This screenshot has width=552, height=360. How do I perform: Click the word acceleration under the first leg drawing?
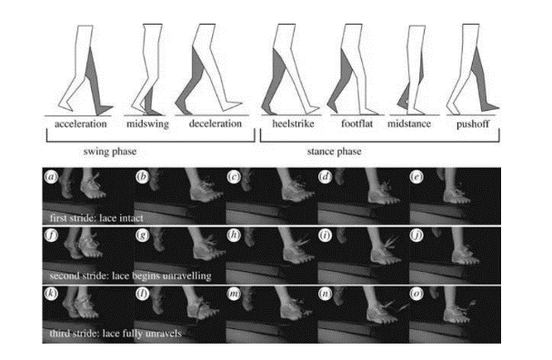pyautogui.click(x=81, y=124)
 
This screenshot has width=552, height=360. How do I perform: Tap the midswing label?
pyautogui.click(x=148, y=125)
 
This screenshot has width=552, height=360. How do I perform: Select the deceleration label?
pyautogui.click(x=216, y=124)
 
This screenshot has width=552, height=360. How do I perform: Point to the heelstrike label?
pyautogui.click(x=293, y=124)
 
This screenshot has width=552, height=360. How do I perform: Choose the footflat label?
pyautogui.click(x=357, y=124)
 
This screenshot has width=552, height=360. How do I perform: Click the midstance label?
pyautogui.click(x=409, y=124)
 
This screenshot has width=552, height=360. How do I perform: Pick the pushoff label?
pyautogui.click(x=473, y=125)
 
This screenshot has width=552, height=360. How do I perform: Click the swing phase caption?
pyautogui.click(x=110, y=152)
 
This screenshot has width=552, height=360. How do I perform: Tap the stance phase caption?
pyautogui.click(x=334, y=152)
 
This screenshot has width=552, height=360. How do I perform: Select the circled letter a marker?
pyautogui.click(x=52, y=176)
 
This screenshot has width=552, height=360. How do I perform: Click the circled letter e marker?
pyautogui.click(x=417, y=176)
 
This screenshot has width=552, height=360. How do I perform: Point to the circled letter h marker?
pyautogui.click(x=234, y=235)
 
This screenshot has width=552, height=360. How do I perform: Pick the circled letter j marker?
pyautogui.click(x=417, y=235)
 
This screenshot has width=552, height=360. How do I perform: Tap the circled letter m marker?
pyautogui.click(x=234, y=294)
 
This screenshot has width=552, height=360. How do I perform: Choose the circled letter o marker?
pyautogui.click(x=417, y=294)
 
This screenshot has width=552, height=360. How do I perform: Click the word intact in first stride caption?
pyautogui.click(x=131, y=218)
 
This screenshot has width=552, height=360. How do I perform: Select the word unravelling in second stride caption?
pyautogui.click(x=186, y=275)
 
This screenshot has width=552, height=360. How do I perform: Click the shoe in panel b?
pyautogui.click(x=206, y=193)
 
